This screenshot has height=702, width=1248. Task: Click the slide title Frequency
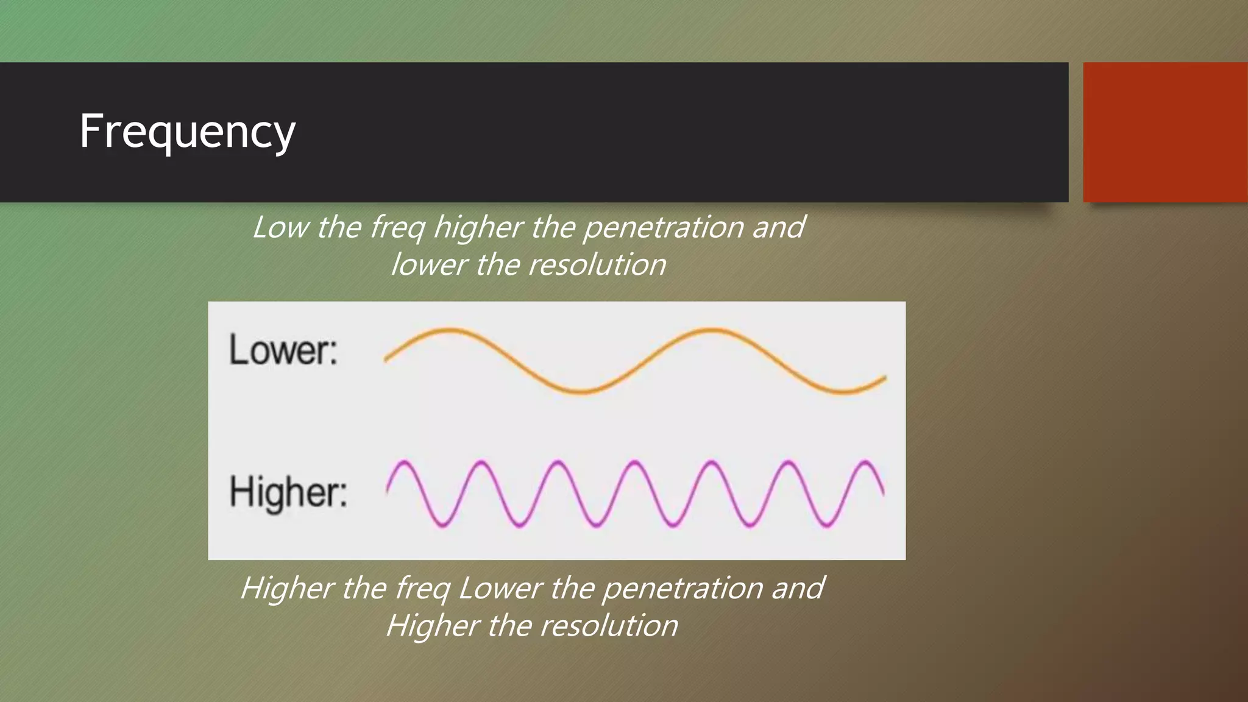click(187, 132)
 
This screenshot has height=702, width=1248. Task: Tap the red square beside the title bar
click(1165, 132)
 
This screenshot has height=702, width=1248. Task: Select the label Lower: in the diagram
click(283, 350)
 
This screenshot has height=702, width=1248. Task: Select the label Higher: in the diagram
click(288, 492)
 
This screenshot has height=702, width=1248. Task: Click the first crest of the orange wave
click(449, 330)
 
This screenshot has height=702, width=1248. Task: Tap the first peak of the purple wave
click(404, 463)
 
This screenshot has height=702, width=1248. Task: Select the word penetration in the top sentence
click(663, 227)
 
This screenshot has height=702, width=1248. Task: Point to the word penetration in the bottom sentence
click(682, 589)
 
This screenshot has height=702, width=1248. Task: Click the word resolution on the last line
click(609, 626)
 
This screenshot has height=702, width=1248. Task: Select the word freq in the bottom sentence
click(422, 589)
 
